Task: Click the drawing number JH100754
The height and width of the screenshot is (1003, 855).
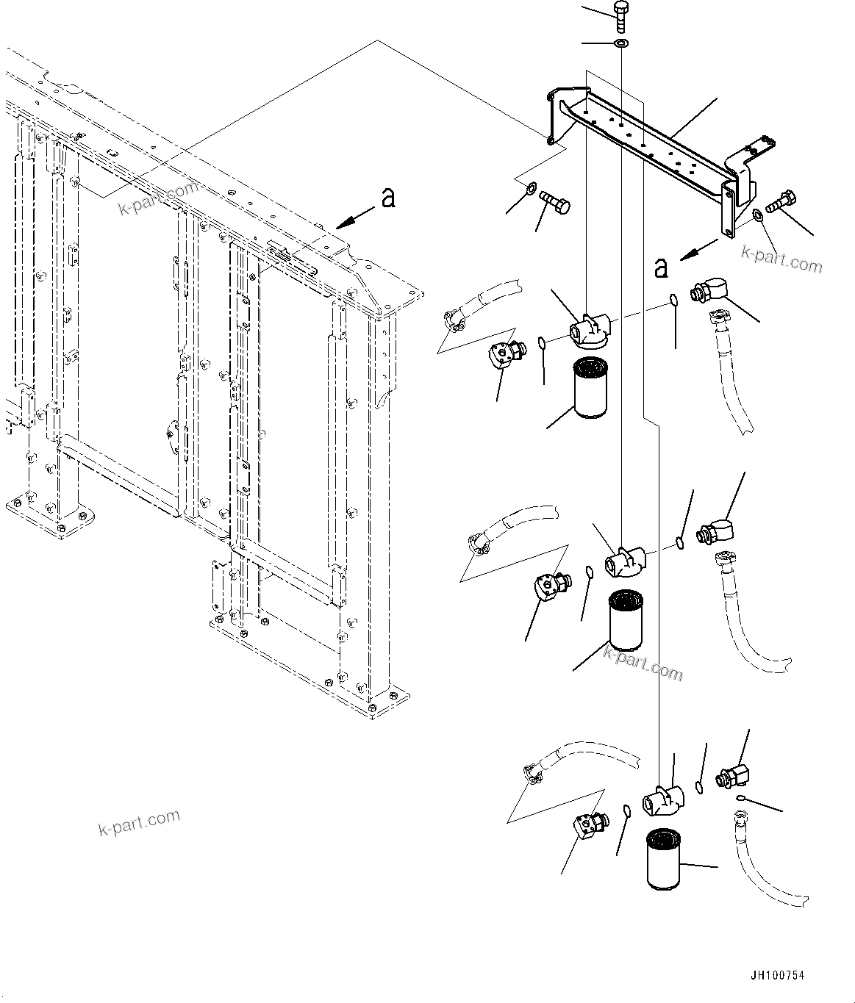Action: point(777,976)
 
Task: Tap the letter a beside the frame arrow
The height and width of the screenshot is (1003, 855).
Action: point(388,197)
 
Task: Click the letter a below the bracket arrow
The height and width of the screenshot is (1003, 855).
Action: point(661,268)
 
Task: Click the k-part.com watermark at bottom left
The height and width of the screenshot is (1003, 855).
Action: point(139,823)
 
